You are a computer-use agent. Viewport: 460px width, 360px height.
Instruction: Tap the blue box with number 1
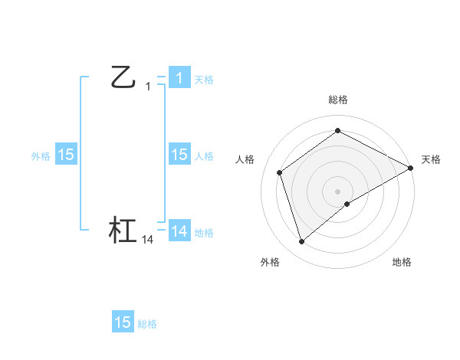tap(179, 78)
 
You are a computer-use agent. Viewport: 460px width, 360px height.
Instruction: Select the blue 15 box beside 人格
tap(179, 155)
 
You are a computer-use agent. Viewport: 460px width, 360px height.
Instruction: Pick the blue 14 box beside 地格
tap(179, 231)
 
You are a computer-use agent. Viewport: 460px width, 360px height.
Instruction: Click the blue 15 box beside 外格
tap(66, 155)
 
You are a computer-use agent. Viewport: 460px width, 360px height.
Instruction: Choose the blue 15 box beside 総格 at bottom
tap(123, 322)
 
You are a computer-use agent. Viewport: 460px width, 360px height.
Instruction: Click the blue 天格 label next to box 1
tap(204, 79)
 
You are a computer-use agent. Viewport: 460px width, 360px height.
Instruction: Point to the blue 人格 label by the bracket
tap(204, 156)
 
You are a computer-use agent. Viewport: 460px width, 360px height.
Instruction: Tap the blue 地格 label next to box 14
tap(204, 233)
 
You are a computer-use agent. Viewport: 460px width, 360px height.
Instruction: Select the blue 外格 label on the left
tap(41, 156)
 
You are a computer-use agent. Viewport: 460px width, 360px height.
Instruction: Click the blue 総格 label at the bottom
tap(147, 324)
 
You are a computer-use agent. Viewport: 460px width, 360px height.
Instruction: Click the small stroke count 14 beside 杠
tap(148, 240)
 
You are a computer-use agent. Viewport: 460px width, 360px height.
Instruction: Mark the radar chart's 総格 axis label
tap(338, 100)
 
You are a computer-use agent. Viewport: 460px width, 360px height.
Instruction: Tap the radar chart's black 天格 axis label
tap(431, 159)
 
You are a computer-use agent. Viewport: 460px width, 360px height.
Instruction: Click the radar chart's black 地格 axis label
tap(402, 263)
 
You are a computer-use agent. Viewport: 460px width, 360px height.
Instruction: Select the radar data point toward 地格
tap(348, 204)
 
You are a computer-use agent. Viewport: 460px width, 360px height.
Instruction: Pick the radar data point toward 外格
tap(301, 242)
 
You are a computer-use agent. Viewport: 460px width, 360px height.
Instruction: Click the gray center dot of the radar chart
tap(337, 191)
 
